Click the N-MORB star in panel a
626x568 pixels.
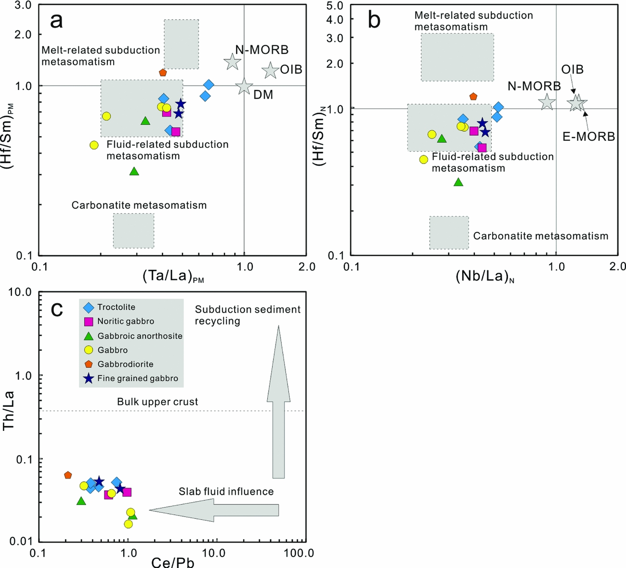click(233, 62)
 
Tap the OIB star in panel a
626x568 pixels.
click(271, 70)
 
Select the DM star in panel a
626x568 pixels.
click(244, 87)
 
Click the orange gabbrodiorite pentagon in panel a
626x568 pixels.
click(163, 73)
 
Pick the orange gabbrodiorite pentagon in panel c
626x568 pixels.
click(68, 475)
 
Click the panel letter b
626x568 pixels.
click(374, 20)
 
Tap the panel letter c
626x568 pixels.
click(57, 309)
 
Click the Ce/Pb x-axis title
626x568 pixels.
click(173, 561)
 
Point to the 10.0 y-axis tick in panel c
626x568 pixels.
click(20, 292)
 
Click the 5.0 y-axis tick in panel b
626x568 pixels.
click(334, 6)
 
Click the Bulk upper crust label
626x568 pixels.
click(157, 402)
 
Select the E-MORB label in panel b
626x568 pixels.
click(588, 137)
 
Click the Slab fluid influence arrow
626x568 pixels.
click(214, 510)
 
